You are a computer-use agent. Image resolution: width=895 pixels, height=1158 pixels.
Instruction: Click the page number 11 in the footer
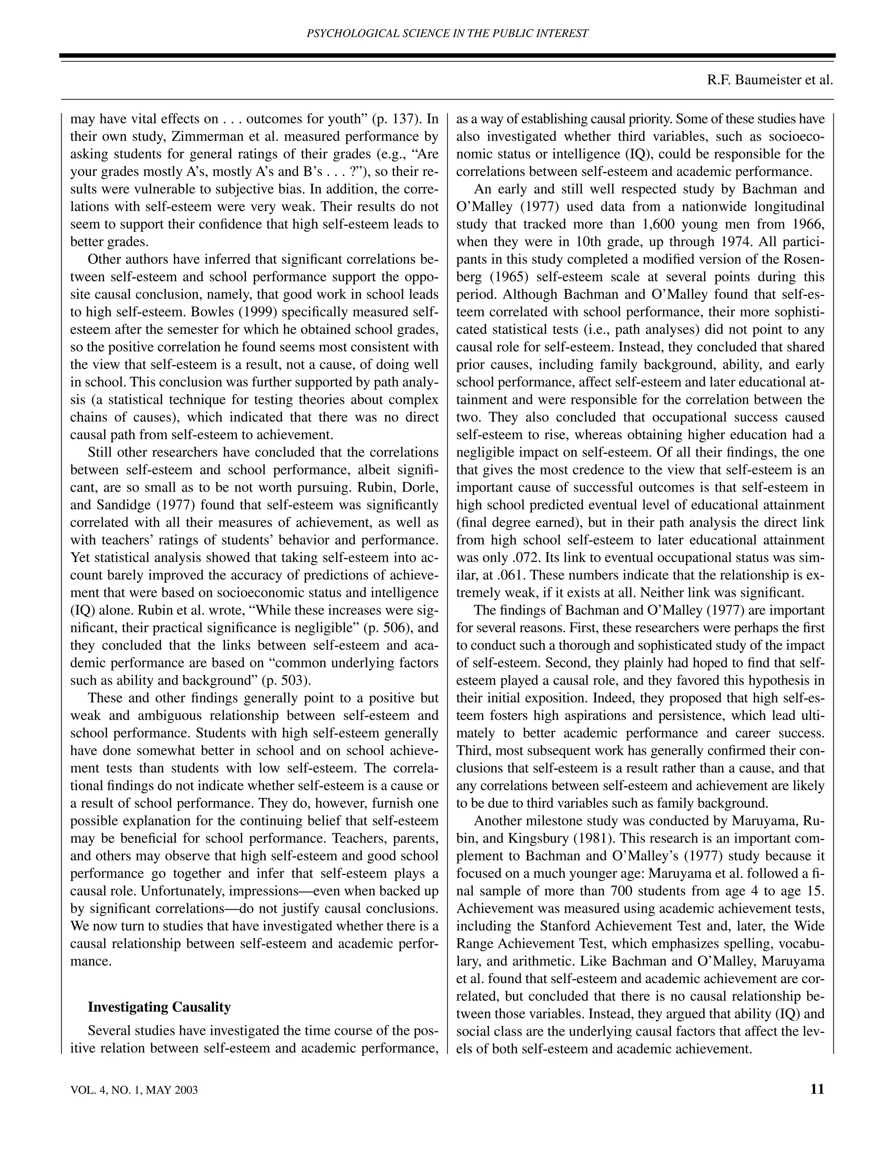click(x=817, y=1089)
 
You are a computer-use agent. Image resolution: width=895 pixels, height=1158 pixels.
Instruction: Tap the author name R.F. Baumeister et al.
click(x=770, y=80)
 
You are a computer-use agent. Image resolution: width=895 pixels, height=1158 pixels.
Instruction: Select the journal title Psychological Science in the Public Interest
click(x=447, y=33)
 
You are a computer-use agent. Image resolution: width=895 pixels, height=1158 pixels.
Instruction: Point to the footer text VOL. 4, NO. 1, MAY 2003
click(x=134, y=1090)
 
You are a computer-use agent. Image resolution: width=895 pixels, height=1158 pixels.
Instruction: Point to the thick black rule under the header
click(x=447, y=55)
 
